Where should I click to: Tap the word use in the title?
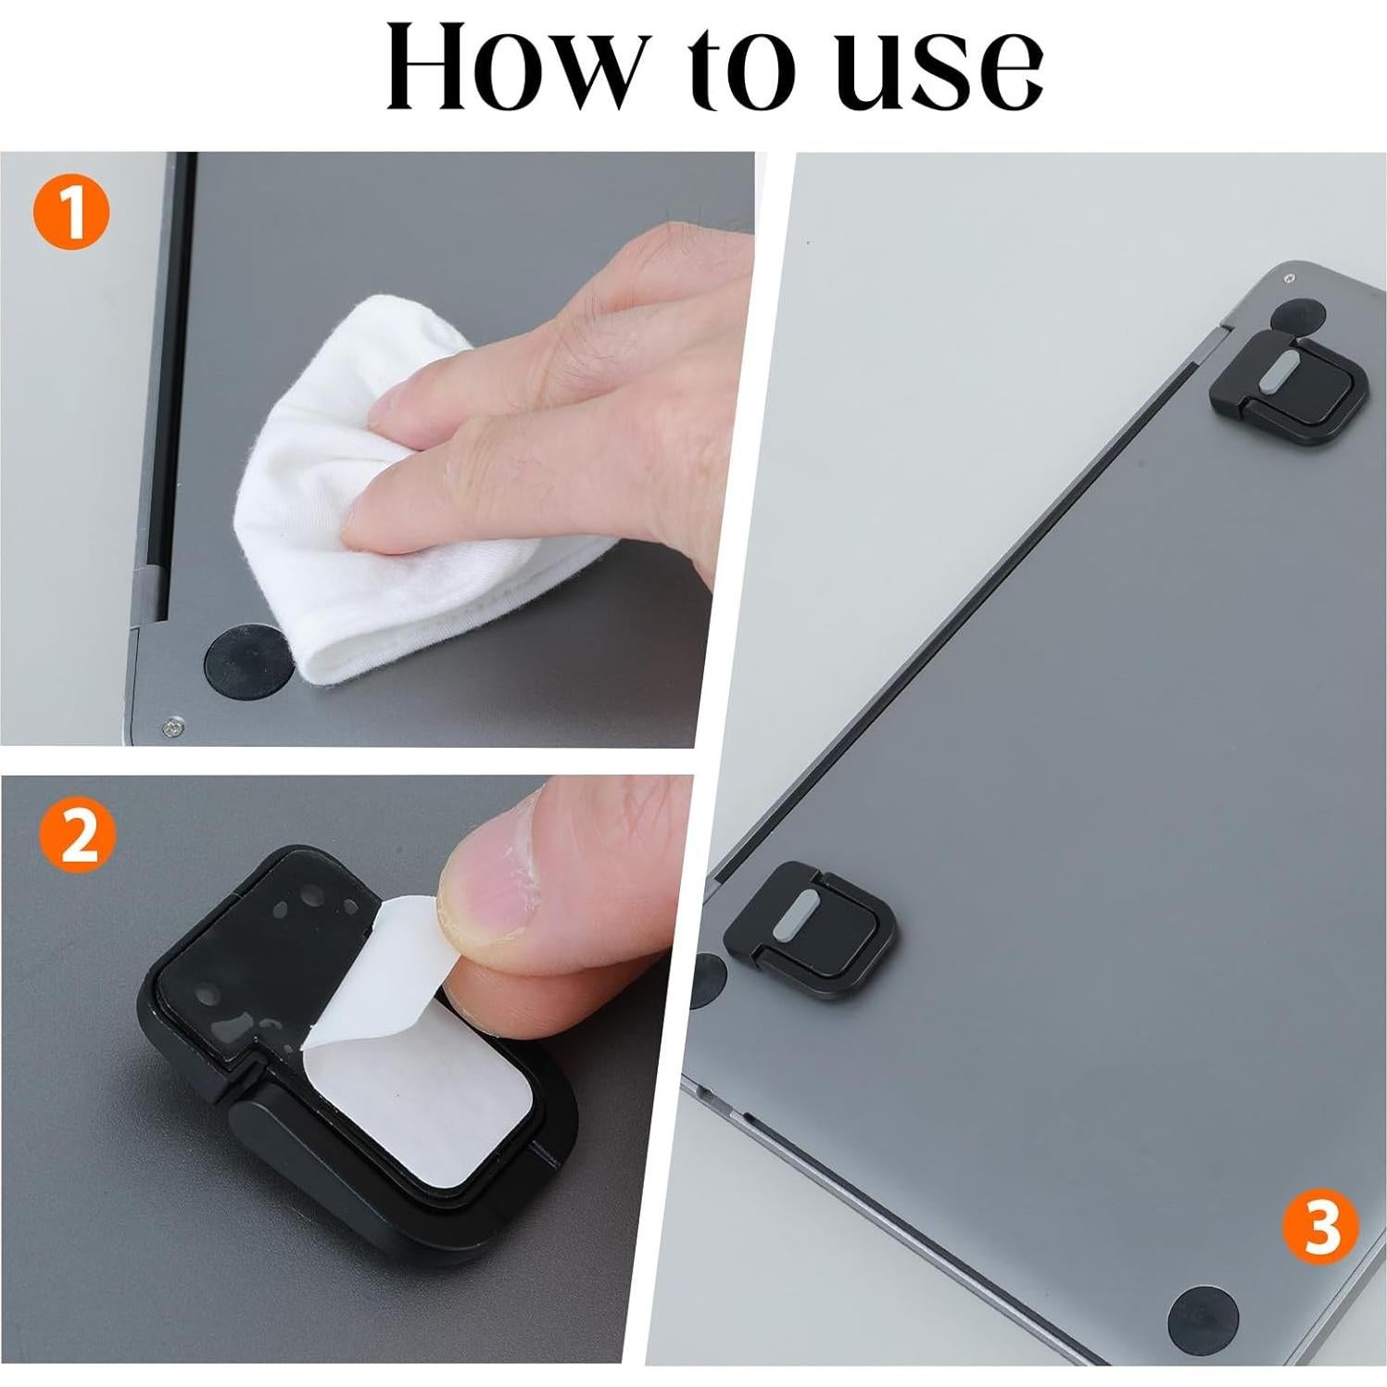click(939, 74)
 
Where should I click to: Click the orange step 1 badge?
click(71, 212)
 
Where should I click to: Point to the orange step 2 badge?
click(78, 838)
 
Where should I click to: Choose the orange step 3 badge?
click(1320, 1227)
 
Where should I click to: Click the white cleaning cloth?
click(371, 519)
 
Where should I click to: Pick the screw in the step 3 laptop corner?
click(1289, 277)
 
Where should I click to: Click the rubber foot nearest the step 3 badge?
click(1203, 1318)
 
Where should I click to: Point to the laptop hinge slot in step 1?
click(177, 389)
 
